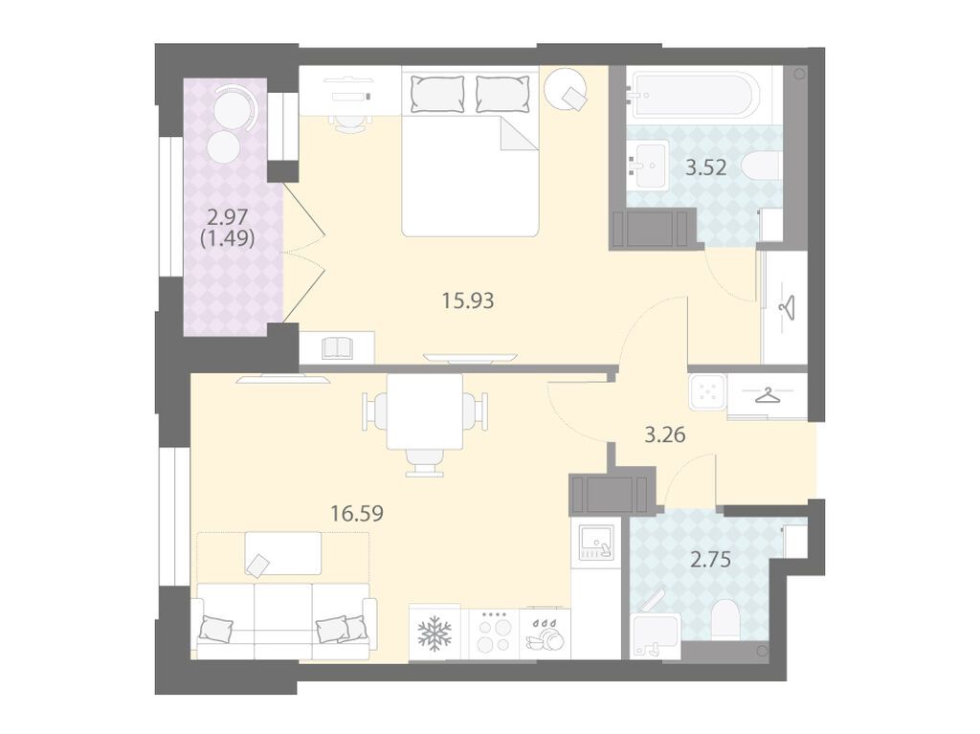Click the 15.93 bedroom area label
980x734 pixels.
tap(468, 300)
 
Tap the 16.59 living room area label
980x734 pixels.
tap(357, 513)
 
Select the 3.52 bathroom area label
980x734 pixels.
tap(706, 167)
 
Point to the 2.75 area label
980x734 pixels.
tap(711, 559)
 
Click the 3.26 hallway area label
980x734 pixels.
tap(665, 434)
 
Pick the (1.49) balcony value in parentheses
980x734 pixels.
tap(228, 238)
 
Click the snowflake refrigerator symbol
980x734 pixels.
tap(434, 632)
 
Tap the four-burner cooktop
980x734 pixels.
tap(494, 632)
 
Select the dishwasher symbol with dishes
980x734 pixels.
tap(545, 634)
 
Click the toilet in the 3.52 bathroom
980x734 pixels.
tap(761, 167)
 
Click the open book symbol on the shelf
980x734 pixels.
tap(338, 348)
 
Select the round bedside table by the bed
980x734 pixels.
tap(566, 89)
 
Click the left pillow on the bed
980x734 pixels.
tap(437, 94)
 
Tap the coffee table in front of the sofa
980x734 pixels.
tap(283, 553)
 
